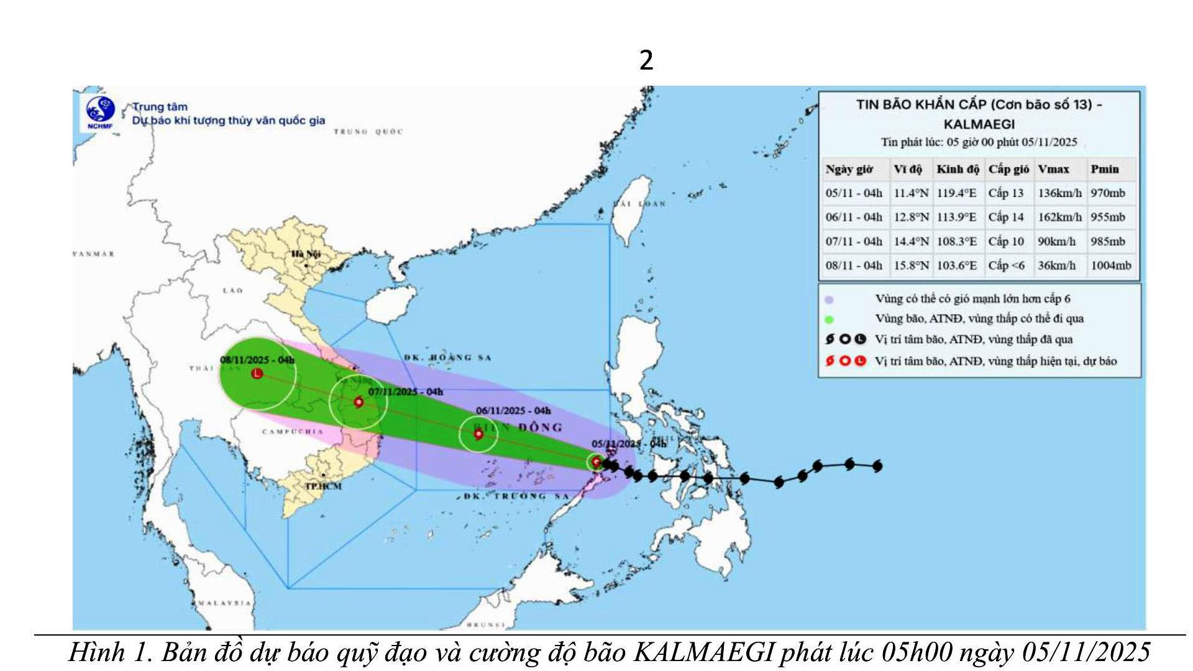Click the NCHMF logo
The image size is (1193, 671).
coord(100,112)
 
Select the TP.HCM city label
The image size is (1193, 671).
coord(323,486)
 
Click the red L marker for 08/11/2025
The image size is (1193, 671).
coord(257,373)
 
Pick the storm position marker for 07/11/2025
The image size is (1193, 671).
coord(359,402)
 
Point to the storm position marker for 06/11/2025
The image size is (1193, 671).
coord(478,434)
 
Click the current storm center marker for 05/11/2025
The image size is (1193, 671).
coord(596,462)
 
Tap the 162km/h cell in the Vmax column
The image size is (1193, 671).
coord(1059,217)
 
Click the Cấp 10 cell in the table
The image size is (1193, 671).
coord(1006,241)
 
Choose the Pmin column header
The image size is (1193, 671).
coord(1104,169)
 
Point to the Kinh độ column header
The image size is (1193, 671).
coord(958,169)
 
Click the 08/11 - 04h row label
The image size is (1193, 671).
coord(853,265)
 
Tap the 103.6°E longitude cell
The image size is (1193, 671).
coord(956,265)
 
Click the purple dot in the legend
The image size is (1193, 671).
coord(829,299)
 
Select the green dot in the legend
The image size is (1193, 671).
coord(829,319)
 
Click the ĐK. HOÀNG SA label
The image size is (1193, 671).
coord(447,357)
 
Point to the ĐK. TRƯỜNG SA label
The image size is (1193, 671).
coord(516,496)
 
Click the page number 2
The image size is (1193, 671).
coord(646,60)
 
